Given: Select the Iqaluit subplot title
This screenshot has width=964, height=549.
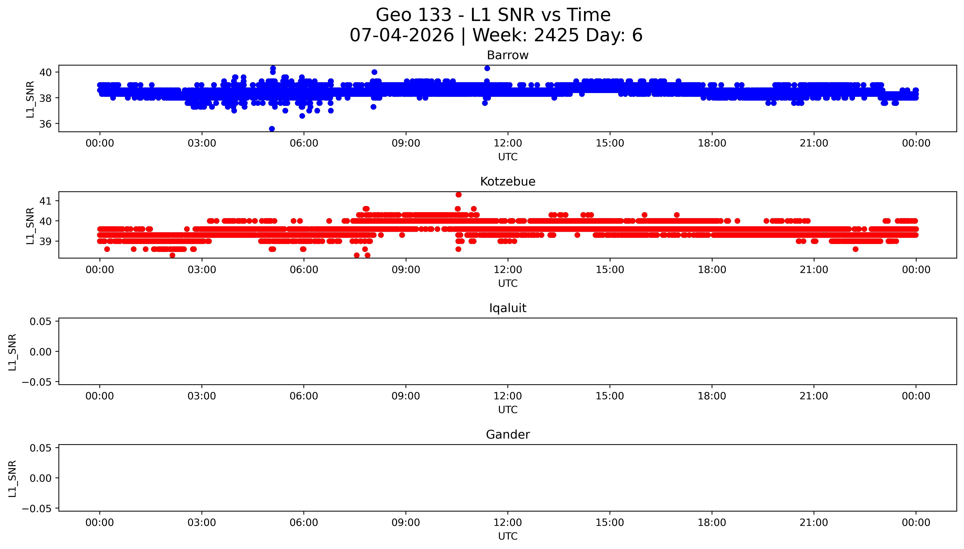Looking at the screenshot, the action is (x=507, y=308).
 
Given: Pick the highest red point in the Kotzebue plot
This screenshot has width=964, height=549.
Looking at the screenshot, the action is (x=458, y=195).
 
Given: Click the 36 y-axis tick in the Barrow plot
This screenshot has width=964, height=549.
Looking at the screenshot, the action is (x=46, y=124).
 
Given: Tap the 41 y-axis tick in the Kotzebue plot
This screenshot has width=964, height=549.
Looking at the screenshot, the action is (x=46, y=201).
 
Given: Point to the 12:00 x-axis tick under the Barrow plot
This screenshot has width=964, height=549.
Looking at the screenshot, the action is (x=508, y=143).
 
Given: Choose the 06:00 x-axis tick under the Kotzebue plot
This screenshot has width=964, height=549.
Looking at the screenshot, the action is (x=304, y=270).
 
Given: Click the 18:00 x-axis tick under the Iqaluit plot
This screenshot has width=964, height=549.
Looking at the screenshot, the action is (x=712, y=396).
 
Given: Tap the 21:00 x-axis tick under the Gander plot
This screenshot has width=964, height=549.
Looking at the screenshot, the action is (x=814, y=523).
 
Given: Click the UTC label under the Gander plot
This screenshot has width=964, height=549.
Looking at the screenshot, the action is (x=508, y=536).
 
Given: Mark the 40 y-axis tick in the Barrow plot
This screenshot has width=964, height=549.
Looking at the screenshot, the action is (x=46, y=72).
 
